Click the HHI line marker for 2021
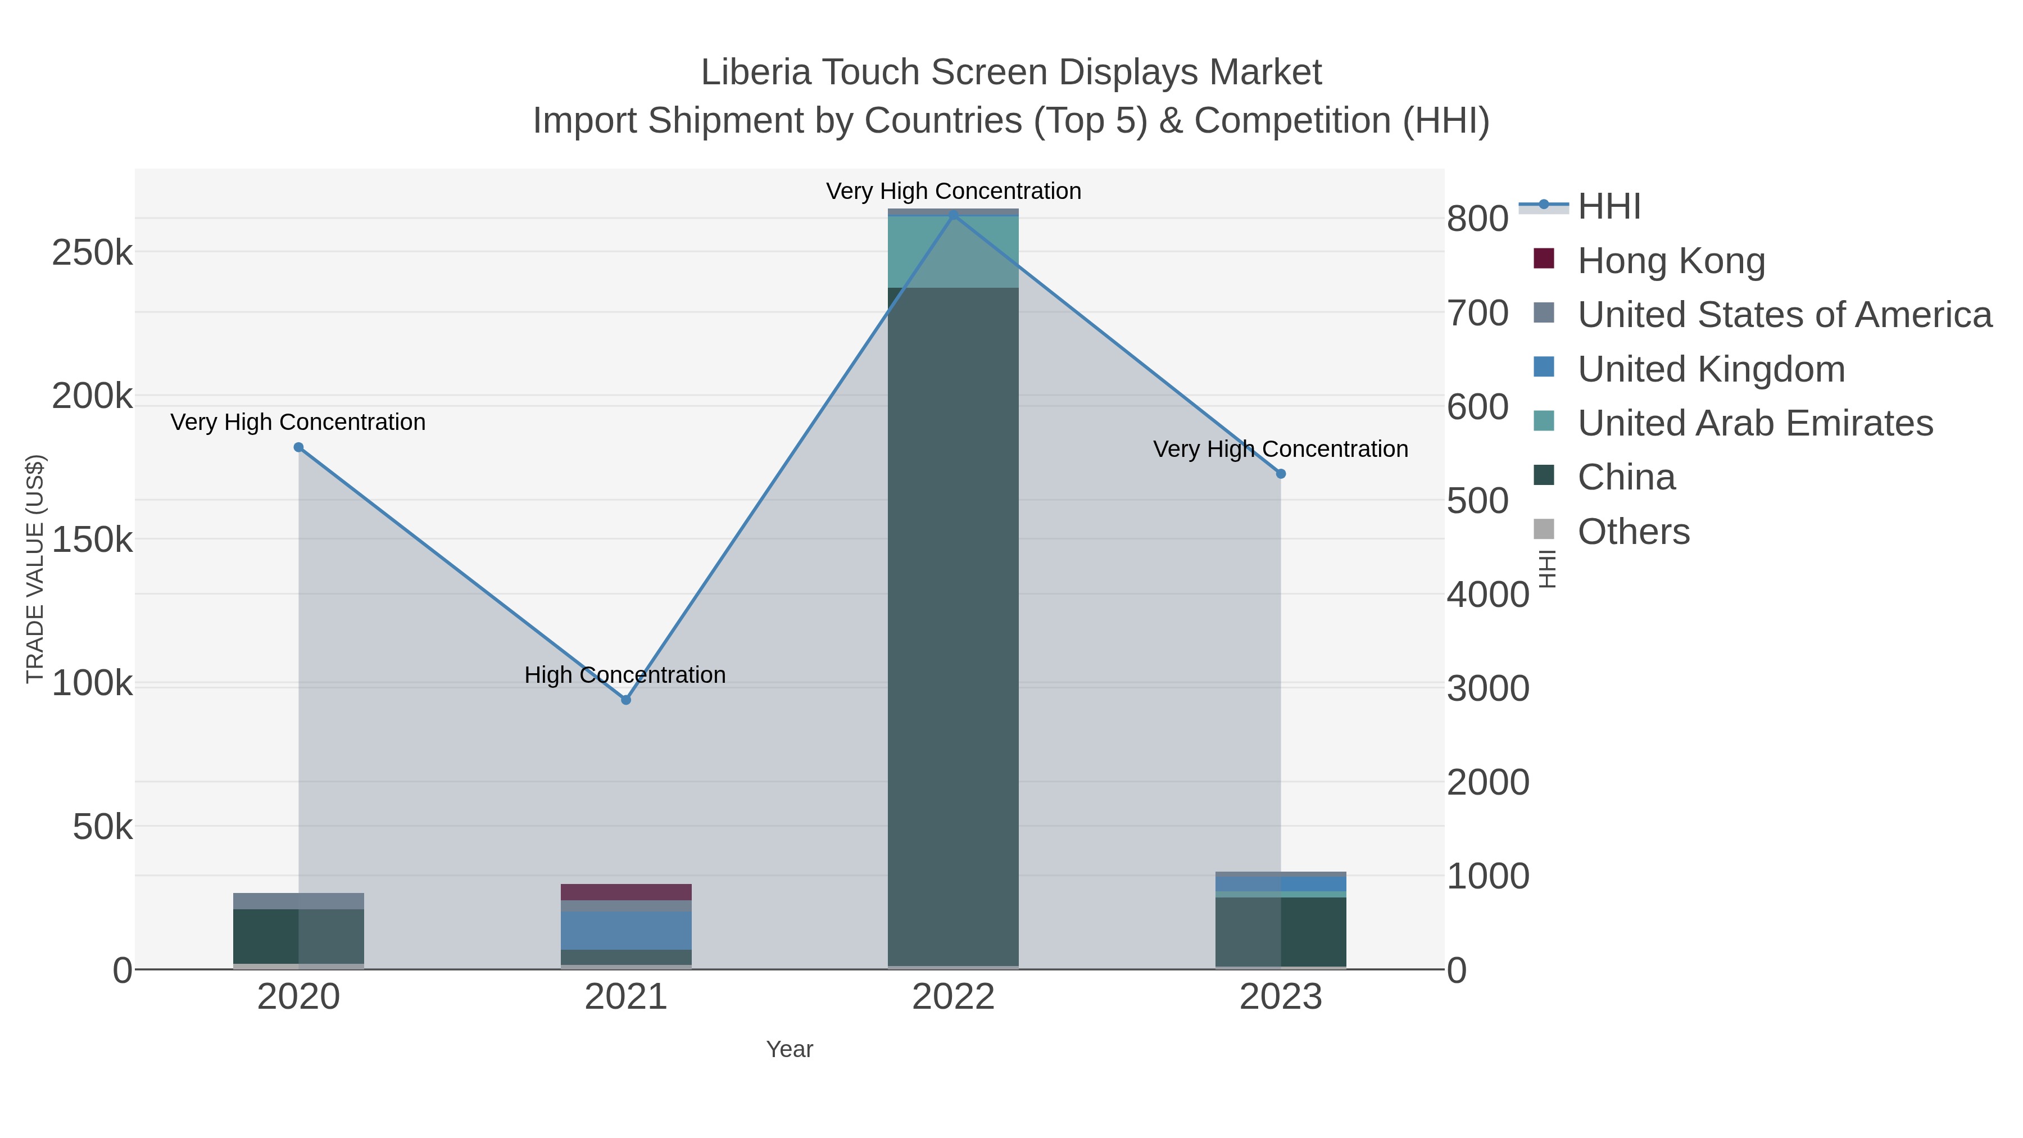point(626,700)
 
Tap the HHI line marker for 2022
point(954,215)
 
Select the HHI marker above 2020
point(298,448)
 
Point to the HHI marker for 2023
point(1281,474)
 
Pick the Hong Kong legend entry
point(1671,261)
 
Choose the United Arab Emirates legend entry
point(1754,423)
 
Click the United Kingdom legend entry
point(1711,369)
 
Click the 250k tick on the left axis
point(92,253)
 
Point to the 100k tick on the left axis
point(92,683)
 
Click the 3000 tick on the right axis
point(1487,689)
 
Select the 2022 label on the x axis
point(954,998)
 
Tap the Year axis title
point(790,1049)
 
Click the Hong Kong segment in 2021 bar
point(626,892)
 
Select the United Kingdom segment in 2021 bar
point(626,931)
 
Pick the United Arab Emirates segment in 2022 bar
point(954,251)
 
